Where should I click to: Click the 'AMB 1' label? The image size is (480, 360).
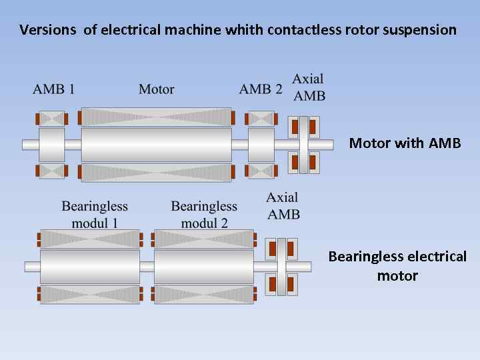pos(53,89)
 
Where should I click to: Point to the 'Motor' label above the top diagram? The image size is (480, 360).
pos(157,89)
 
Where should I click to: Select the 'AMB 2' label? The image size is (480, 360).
pos(261,89)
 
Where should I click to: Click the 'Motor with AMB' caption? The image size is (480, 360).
pos(405,143)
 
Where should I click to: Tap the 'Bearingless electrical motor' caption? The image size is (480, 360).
pos(397,266)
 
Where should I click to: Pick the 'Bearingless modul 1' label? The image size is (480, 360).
pos(95,215)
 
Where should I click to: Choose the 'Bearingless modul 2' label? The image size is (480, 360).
pos(204,215)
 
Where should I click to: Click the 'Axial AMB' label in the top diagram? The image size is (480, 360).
pos(309,87)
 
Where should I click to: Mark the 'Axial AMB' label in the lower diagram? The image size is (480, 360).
pos(283,205)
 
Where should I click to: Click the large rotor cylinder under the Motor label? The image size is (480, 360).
pos(156,144)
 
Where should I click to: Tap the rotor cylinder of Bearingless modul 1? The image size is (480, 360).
pos(90,266)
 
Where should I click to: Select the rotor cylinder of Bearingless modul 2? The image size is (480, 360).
pos(204,266)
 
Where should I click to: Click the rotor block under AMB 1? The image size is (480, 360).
pos(51,144)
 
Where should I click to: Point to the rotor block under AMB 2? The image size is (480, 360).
pos(261,144)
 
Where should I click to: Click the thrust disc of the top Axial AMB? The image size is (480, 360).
pos(304,144)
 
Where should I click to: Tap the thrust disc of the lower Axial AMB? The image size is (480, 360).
pos(281,266)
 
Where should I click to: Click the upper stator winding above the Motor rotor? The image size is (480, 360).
pos(156,117)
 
